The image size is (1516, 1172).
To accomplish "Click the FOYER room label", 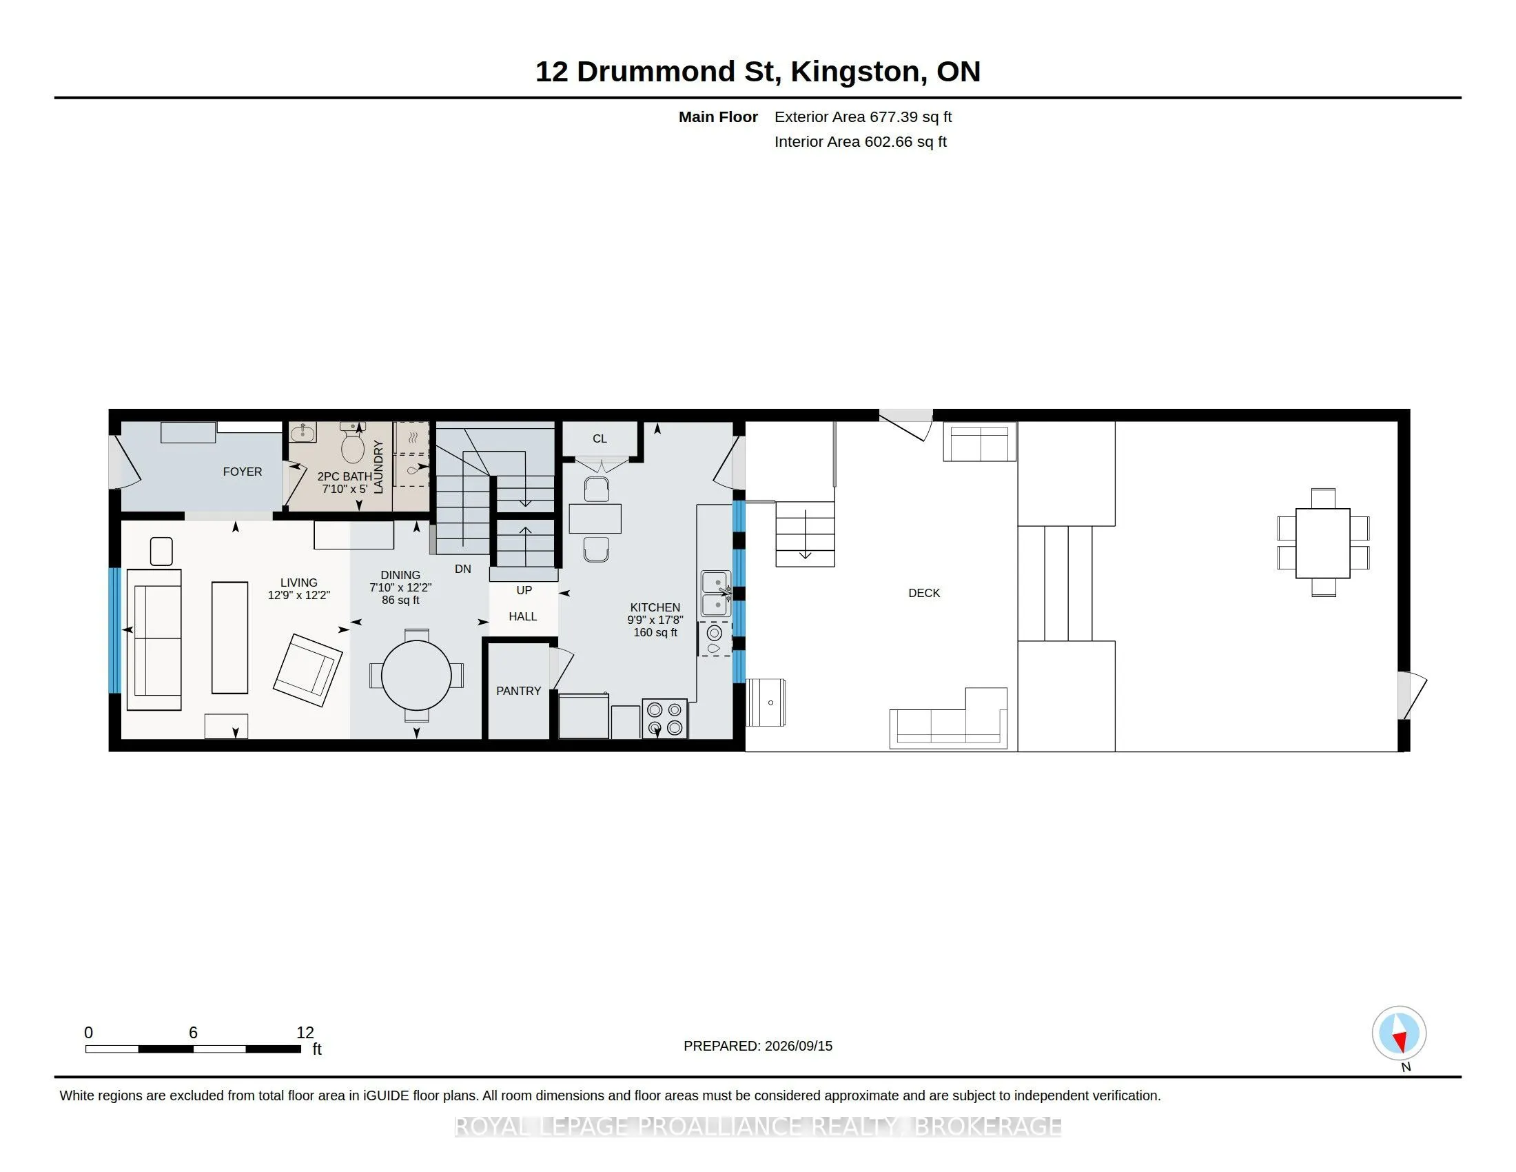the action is point(243,472).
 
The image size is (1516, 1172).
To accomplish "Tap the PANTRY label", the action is point(518,691).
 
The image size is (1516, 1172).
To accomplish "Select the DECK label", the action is point(924,593).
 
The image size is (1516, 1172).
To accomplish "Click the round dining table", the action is point(416,675).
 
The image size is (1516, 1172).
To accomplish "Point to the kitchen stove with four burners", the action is point(665,718).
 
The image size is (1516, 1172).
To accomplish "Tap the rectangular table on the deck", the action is point(1323,543).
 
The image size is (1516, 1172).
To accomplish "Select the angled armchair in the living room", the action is point(308,670).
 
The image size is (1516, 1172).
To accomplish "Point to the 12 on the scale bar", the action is point(305,1033).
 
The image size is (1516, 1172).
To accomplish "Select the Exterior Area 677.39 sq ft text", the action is point(863,117).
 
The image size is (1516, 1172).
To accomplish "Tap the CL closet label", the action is point(600,438).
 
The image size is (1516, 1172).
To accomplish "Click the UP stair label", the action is point(524,590).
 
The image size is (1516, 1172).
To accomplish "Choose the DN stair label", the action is point(463,569).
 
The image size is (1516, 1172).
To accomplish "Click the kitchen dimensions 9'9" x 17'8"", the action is point(655,620).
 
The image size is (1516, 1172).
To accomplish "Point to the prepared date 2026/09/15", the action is point(797,1046).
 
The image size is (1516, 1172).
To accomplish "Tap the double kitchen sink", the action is point(716,594).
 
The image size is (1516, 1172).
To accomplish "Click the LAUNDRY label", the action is point(378,467).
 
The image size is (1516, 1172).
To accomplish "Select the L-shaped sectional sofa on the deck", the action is point(949,718).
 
